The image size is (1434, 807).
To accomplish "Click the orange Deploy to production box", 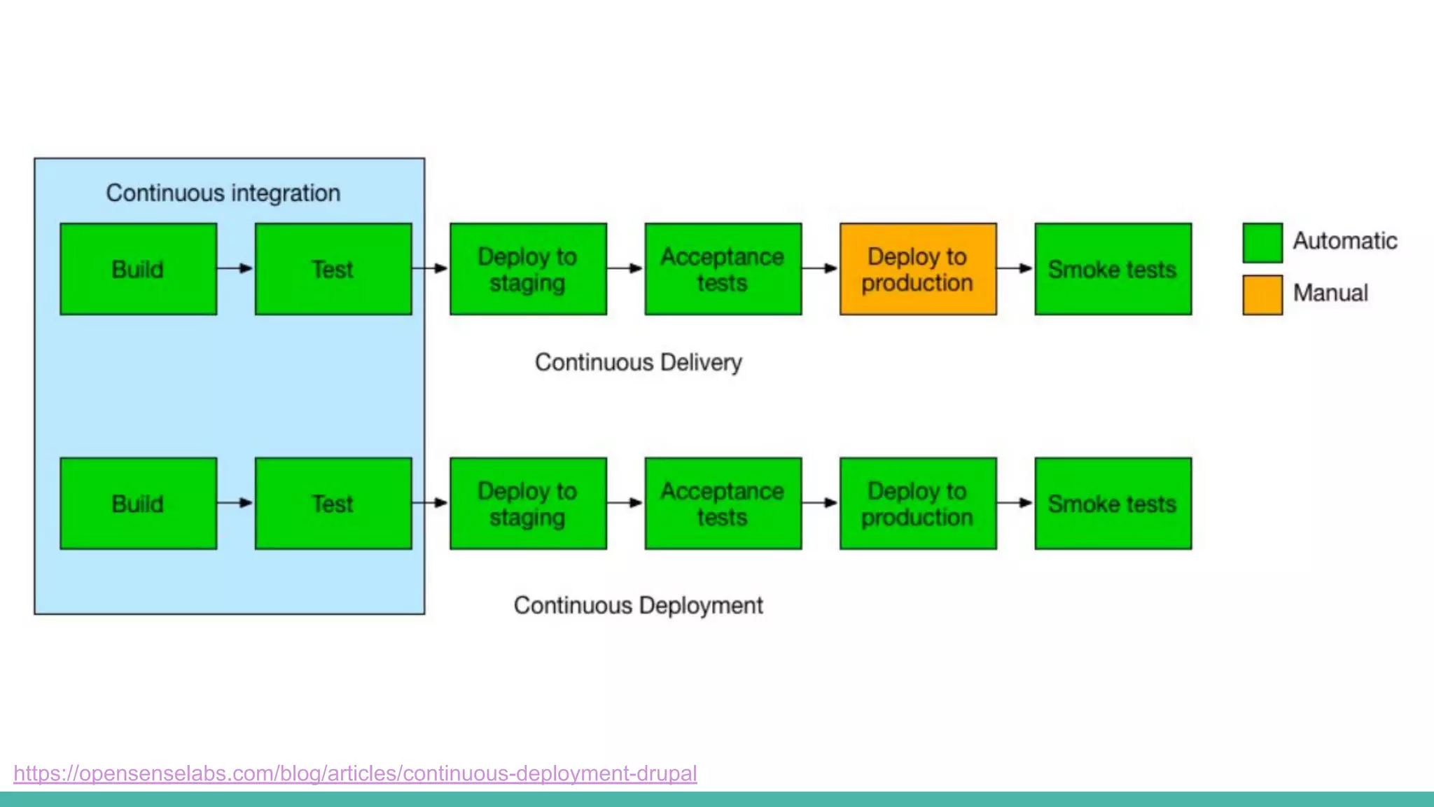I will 917,269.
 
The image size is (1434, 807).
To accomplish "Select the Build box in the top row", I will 138,269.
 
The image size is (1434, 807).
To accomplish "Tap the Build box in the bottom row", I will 138,503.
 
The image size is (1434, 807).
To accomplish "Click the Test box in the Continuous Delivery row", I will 333,269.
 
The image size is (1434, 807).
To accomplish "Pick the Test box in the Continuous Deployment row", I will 333,503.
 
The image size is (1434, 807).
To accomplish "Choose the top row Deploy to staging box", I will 527,269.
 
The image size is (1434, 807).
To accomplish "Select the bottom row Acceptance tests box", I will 723,503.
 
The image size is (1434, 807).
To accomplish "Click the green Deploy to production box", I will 917,503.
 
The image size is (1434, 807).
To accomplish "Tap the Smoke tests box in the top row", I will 1113,269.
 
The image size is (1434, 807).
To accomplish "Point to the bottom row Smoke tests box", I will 1113,503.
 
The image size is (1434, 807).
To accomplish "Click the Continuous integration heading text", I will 223,193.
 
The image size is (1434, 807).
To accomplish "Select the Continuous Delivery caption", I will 638,362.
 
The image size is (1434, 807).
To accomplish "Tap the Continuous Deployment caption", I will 638,605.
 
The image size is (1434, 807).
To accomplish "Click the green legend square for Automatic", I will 1262,242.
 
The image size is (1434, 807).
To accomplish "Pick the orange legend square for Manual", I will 1262,295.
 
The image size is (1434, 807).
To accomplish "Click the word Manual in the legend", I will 1330,293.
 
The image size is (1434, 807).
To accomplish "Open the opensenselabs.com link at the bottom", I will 355,773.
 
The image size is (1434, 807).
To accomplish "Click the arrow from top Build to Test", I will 235,268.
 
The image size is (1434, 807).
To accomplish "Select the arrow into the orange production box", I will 820,268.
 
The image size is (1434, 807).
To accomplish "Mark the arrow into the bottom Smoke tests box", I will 1015,503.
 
